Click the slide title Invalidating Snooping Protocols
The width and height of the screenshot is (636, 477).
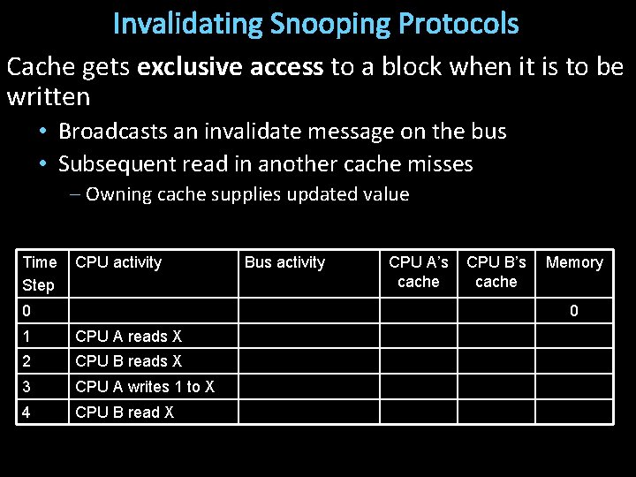(x=316, y=24)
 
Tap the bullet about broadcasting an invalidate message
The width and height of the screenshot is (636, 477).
(x=282, y=132)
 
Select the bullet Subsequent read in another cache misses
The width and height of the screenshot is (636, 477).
(x=265, y=163)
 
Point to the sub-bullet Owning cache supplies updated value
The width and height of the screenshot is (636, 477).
(x=247, y=194)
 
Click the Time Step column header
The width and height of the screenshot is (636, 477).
(x=39, y=273)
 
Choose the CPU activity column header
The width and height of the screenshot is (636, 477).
(x=118, y=262)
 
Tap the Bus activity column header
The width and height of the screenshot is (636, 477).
(x=284, y=262)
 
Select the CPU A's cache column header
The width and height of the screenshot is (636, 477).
(x=419, y=271)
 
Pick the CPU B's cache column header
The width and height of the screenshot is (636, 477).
(x=496, y=271)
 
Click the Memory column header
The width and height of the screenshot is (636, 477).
(x=574, y=262)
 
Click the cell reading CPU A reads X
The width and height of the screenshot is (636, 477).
(x=129, y=336)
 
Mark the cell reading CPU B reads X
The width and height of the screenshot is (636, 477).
(x=129, y=360)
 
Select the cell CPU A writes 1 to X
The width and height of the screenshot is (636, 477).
(x=145, y=387)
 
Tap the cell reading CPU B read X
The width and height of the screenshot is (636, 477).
(x=125, y=413)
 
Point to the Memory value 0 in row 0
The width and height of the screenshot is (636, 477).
(x=574, y=311)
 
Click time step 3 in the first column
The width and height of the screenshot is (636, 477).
(x=26, y=387)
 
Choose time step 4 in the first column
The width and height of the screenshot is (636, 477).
(x=26, y=413)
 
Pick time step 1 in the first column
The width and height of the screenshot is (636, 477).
(x=26, y=336)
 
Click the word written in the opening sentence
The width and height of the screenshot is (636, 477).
(x=48, y=95)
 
